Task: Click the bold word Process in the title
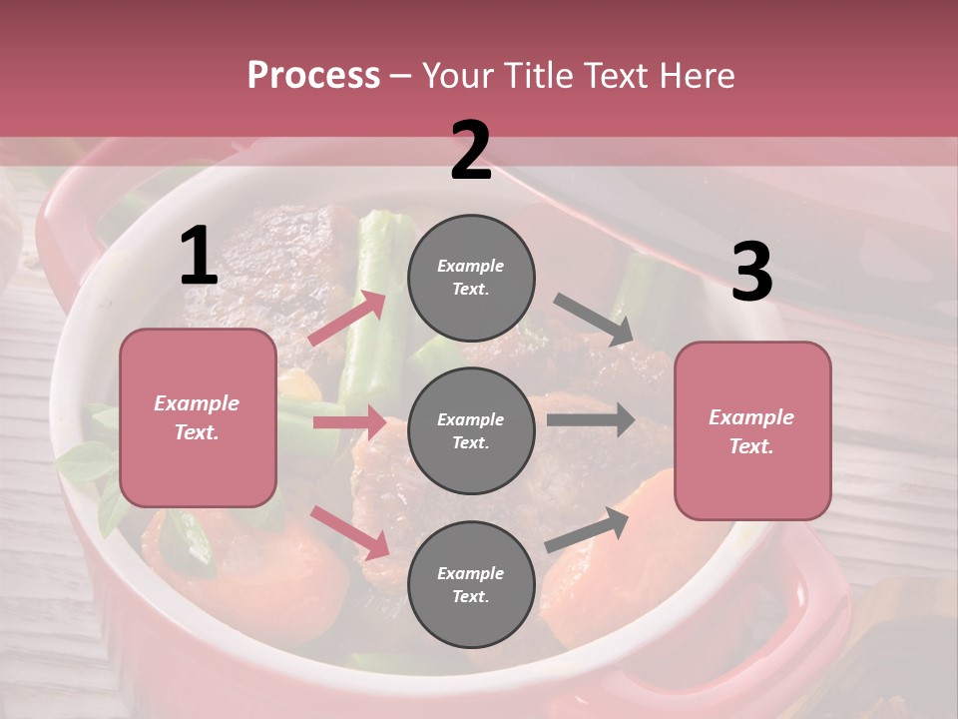[313, 75]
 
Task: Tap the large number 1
[199, 257]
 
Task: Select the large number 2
[471, 151]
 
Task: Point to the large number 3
[751, 272]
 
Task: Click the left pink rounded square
[198, 417]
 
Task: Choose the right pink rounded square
[752, 430]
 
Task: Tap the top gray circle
[471, 278]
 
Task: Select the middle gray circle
[471, 430]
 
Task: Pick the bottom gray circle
[471, 584]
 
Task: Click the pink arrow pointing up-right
[347, 318]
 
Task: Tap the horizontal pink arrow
[349, 422]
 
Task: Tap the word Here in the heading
[699, 75]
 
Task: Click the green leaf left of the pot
[85, 461]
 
